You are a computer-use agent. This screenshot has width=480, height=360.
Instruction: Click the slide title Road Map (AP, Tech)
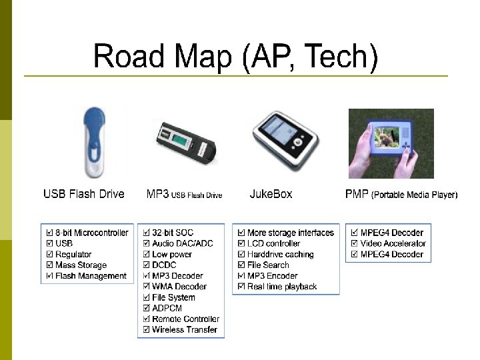tap(235, 56)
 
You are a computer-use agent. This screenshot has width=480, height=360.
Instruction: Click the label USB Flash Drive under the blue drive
tap(84, 194)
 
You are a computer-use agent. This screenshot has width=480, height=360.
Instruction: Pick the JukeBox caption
tap(271, 194)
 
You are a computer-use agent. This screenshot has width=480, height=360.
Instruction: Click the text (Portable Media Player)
tap(414, 195)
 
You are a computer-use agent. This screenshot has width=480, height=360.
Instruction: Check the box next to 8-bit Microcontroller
tap(50, 233)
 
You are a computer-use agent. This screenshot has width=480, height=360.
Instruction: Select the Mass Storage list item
tap(81, 265)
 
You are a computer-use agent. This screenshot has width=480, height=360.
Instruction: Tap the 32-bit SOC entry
tap(172, 233)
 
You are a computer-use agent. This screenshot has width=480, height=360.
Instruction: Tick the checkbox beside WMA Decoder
tap(146, 287)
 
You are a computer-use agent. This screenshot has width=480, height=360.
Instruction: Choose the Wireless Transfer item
tap(184, 329)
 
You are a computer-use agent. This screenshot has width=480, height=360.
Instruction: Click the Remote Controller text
tap(185, 319)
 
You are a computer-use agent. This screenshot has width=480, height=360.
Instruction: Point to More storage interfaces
tap(290, 233)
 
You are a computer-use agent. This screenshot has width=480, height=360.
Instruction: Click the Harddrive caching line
tap(280, 254)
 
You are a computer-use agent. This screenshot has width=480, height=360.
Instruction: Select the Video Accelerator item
tap(393, 243)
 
